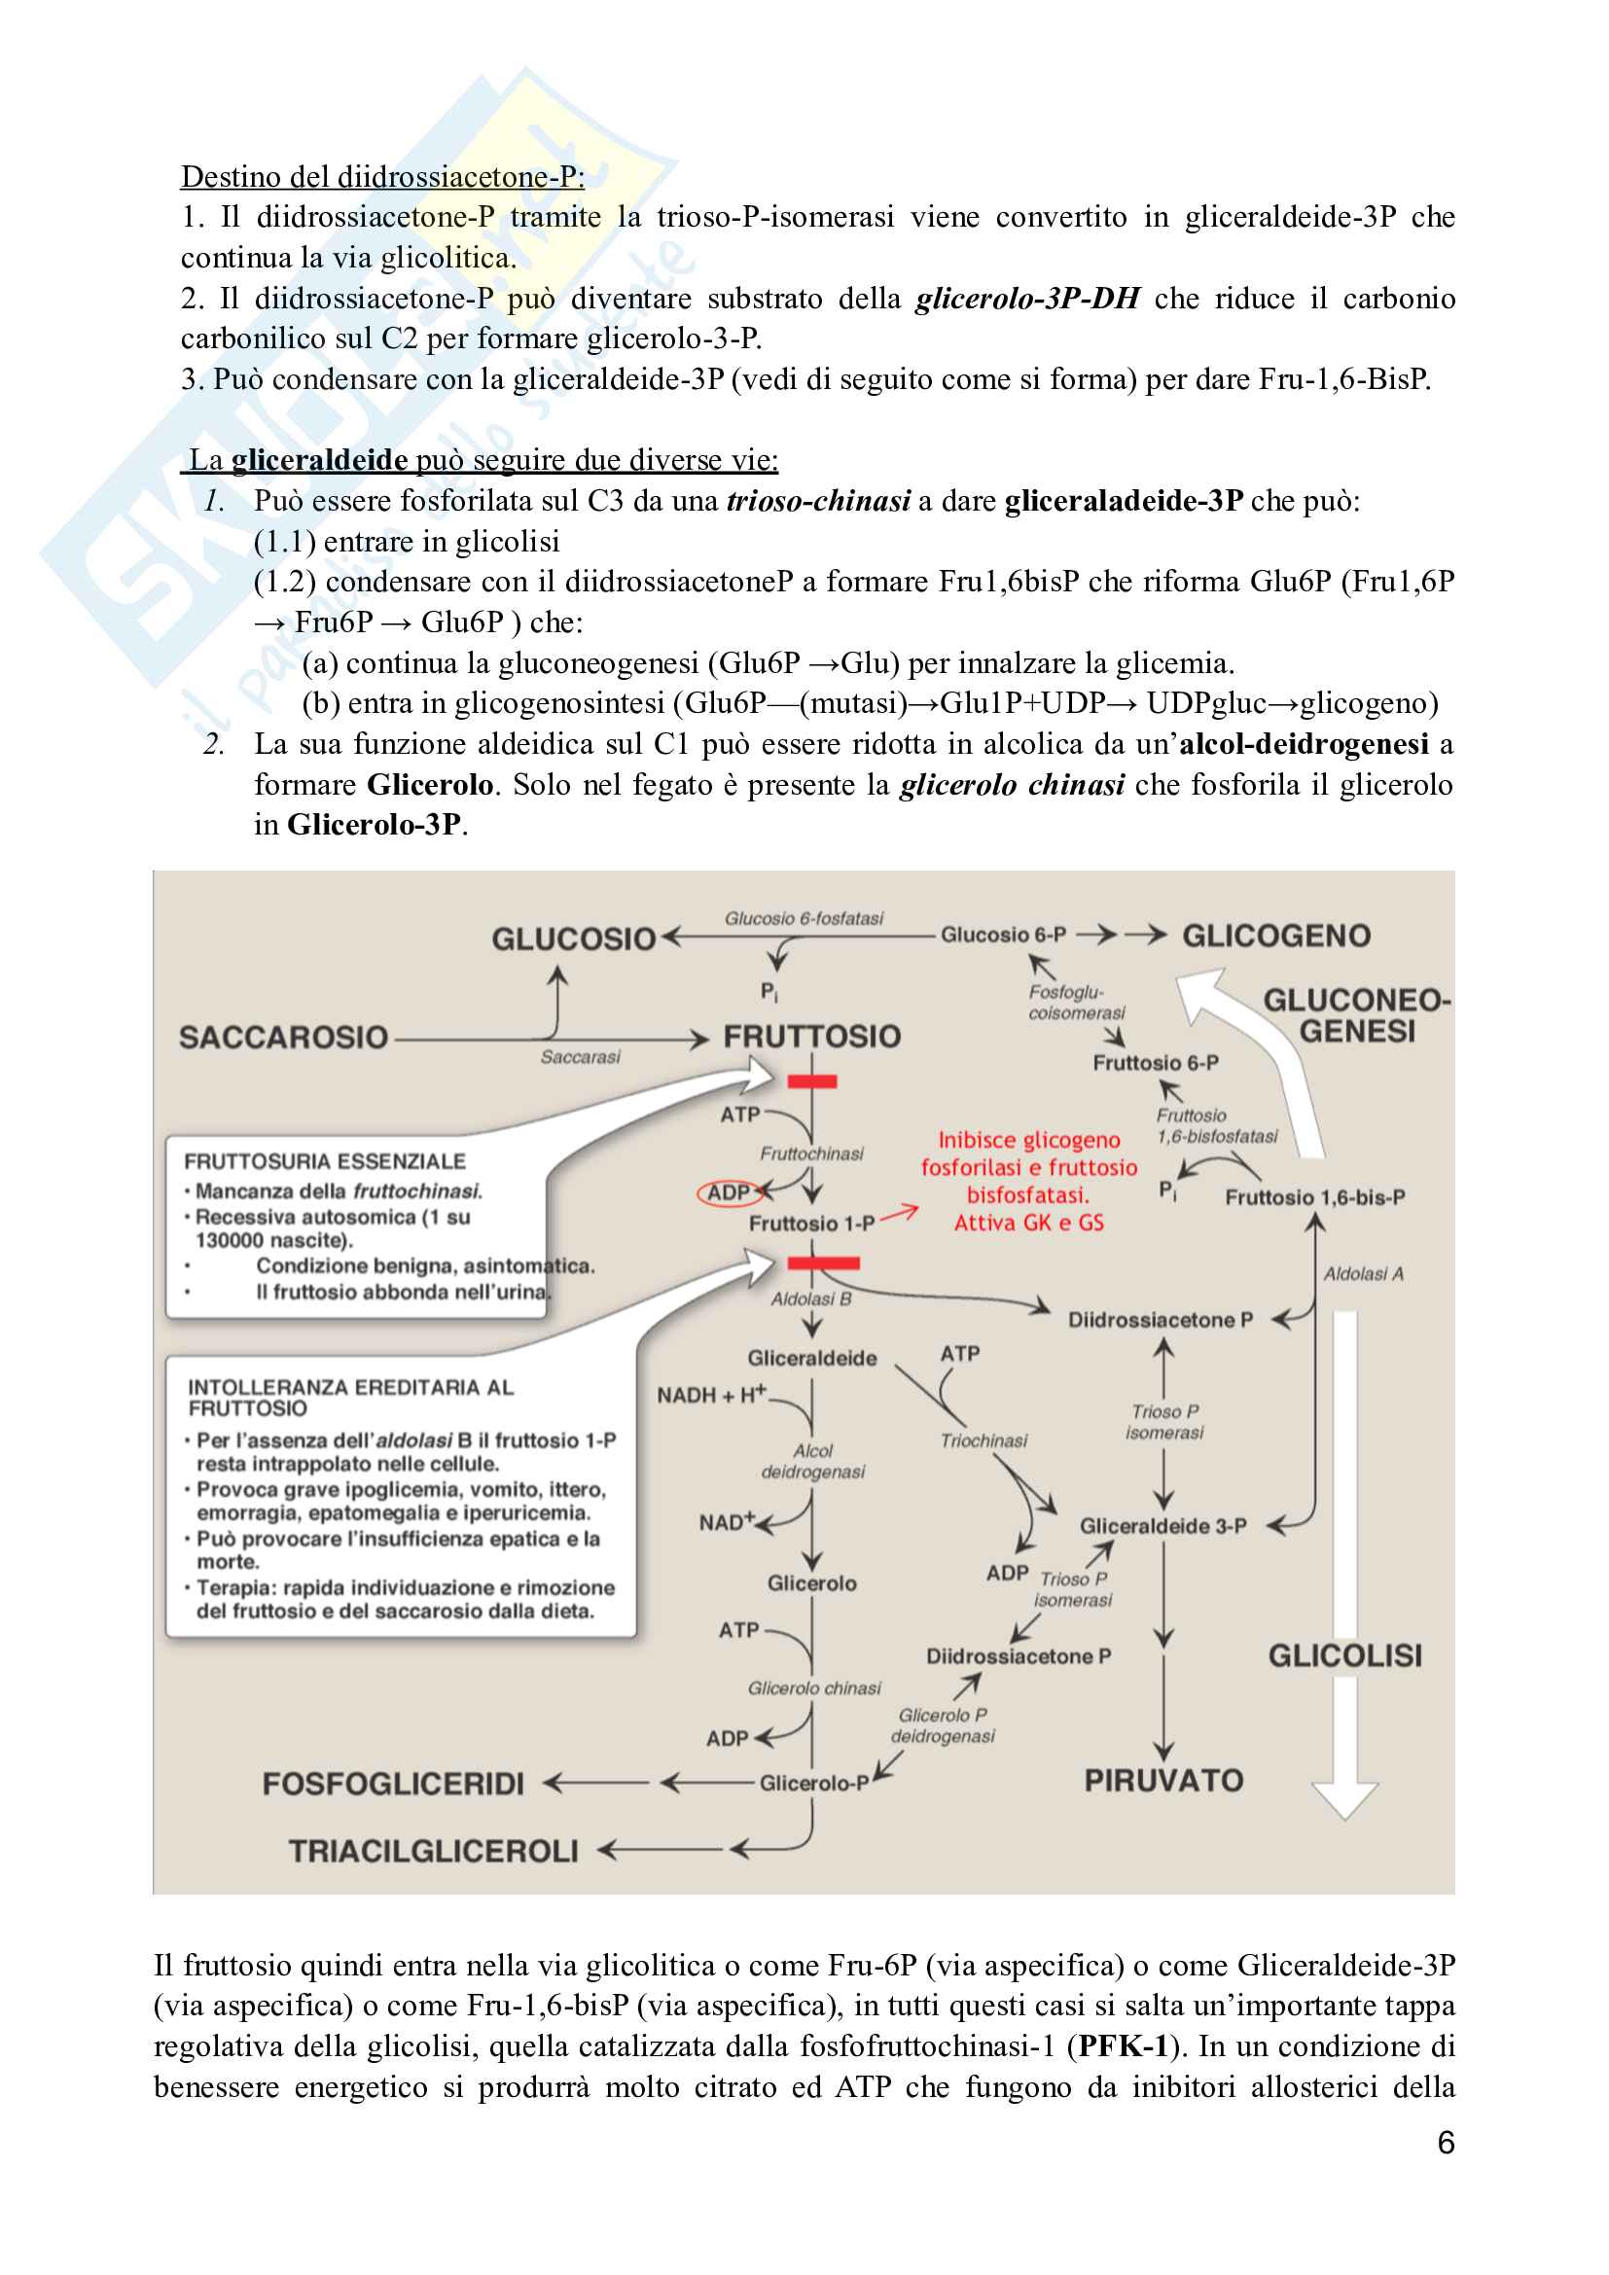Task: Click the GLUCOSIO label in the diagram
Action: (x=574, y=939)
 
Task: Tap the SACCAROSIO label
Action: (x=283, y=1038)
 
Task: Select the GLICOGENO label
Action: (x=1276, y=936)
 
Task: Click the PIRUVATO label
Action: (x=1163, y=1781)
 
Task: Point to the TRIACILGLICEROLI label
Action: (x=433, y=1851)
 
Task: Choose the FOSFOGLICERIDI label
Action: (x=392, y=1784)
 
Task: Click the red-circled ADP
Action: (x=730, y=1193)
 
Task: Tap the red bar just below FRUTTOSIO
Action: (x=811, y=1081)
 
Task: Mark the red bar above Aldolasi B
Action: (x=823, y=1262)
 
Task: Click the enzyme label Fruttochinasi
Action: (x=811, y=1154)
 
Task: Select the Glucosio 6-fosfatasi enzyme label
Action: (x=804, y=918)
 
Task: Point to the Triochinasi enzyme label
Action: (x=983, y=1440)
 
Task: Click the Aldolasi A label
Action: (x=1363, y=1273)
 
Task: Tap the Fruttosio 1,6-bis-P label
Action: (x=1315, y=1197)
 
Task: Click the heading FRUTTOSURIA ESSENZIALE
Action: (x=325, y=1161)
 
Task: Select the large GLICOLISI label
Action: (x=1344, y=1655)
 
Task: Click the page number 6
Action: (x=1446, y=2144)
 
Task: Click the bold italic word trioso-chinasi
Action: (x=818, y=501)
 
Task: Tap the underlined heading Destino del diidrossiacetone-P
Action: (x=382, y=176)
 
